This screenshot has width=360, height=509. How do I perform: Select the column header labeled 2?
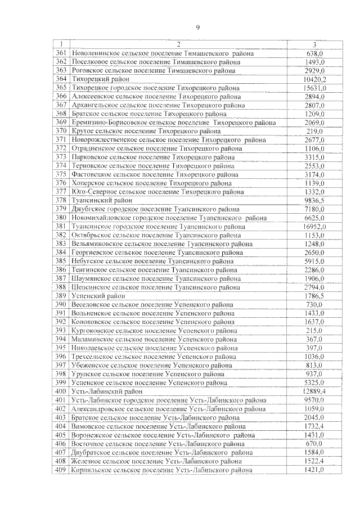pos(178,44)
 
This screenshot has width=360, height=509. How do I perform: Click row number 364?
pos(61,79)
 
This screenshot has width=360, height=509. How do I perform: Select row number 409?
pos(61,470)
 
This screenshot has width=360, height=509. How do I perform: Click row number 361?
pos(61,53)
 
